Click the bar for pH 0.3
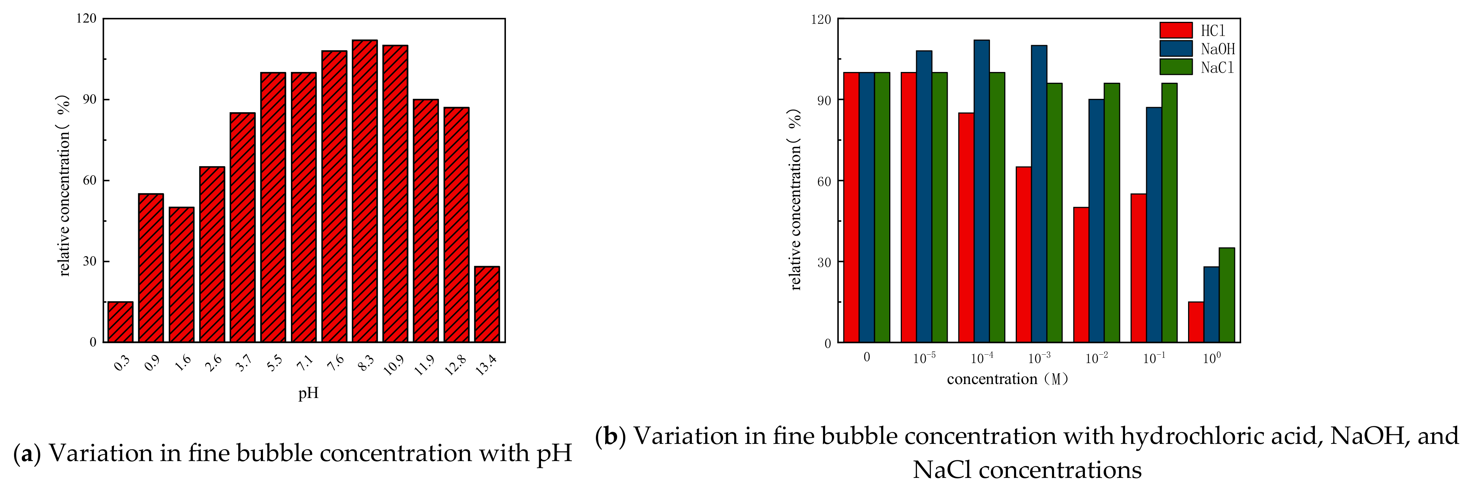pos(120,322)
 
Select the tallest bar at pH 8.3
pos(364,191)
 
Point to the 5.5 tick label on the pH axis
pos(274,363)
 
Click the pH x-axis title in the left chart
pos(308,393)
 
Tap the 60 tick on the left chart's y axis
pos(89,180)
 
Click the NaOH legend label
pos(1218,49)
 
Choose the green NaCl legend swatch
pos(1176,67)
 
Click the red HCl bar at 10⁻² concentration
pos(1081,275)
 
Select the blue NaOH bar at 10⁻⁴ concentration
pos(981,191)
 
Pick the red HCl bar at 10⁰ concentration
pos(1196,322)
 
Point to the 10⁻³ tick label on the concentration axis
pos(1039,358)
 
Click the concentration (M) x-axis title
pos(1008,379)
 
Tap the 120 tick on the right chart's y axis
pos(821,19)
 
